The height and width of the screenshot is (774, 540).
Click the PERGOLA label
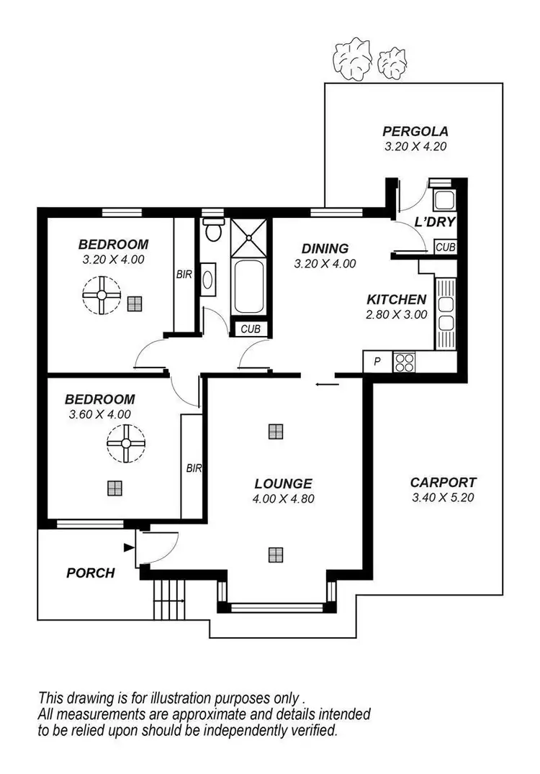pyautogui.click(x=415, y=132)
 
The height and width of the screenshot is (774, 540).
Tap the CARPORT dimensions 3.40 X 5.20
pyautogui.click(x=443, y=497)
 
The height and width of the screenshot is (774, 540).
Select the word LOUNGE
pyautogui.click(x=283, y=484)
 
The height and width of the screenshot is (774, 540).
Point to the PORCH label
pyautogui.click(x=91, y=573)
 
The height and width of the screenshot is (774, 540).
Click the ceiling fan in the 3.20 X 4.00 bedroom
pyautogui.click(x=102, y=296)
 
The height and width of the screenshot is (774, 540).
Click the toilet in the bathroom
pyautogui.click(x=212, y=230)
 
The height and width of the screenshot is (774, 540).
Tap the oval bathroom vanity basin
pyautogui.click(x=207, y=278)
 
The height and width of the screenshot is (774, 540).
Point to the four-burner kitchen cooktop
pyautogui.click(x=403, y=362)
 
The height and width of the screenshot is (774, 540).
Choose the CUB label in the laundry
pyautogui.click(x=446, y=247)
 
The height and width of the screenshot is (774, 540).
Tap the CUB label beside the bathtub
pyautogui.click(x=251, y=329)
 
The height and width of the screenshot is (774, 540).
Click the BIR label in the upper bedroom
pyautogui.click(x=184, y=274)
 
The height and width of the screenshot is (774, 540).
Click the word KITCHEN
pyautogui.click(x=397, y=300)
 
